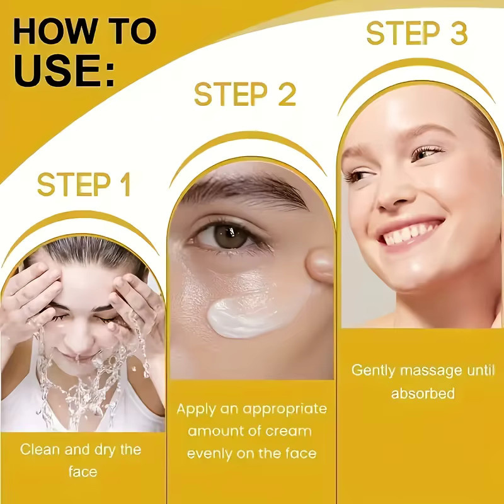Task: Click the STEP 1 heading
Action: (84, 184)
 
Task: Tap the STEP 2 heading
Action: (245, 93)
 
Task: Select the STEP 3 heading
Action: (416, 33)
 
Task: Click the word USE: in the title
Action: (64, 71)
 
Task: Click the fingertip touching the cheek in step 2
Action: (319, 266)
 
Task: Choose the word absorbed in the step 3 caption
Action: (423, 393)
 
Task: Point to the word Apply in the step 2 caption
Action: (197, 409)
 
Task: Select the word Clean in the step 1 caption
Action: (40, 449)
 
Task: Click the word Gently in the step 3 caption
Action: (373, 371)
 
